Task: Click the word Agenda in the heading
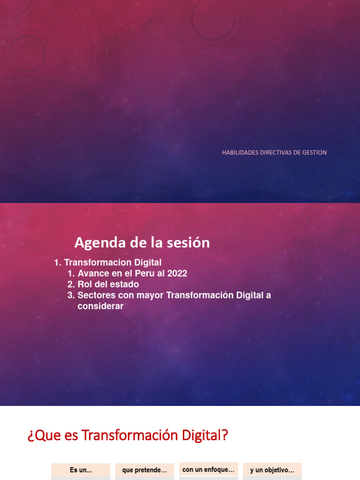coord(97,243)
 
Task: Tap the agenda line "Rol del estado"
coord(108,284)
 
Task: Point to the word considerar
coord(100,306)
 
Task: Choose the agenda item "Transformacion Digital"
coord(112,262)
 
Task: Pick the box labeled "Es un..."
coord(81,470)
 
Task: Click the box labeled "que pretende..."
coord(144,470)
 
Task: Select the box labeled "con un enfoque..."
coord(209,469)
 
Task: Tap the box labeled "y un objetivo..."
coord(272,470)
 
